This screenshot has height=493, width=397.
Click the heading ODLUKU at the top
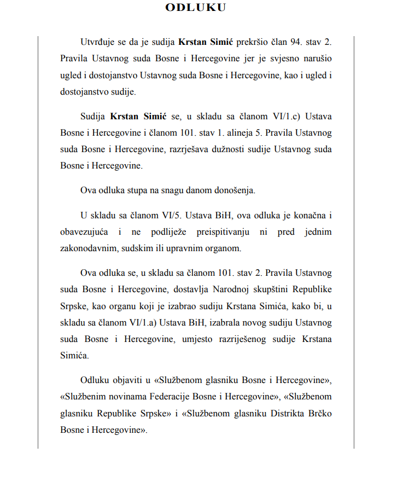tap(196, 7)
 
